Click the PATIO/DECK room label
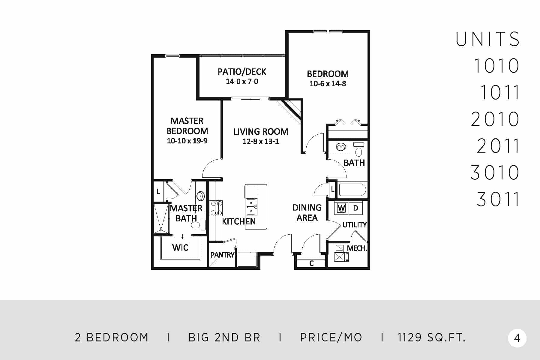(x=242, y=71)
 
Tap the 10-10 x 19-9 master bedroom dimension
(x=187, y=141)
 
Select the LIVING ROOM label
(x=261, y=131)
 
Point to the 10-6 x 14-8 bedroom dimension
(x=328, y=84)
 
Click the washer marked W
(x=341, y=208)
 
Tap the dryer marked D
(x=355, y=208)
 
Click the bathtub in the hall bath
(x=352, y=190)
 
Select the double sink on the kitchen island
(x=251, y=207)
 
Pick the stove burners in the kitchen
(x=216, y=208)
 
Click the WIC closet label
(x=180, y=247)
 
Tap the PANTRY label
(x=222, y=255)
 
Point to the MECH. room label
(x=357, y=248)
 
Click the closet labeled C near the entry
(x=311, y=263)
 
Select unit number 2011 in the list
(x=498, y=146)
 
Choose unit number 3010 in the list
(x=495, y=172)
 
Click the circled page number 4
(x=517, y=338)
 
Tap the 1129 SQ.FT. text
(x=432, y=338)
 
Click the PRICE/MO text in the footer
(x=331, y=338)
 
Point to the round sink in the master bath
(x=200, y=196)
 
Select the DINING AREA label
(x=307, y=213)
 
